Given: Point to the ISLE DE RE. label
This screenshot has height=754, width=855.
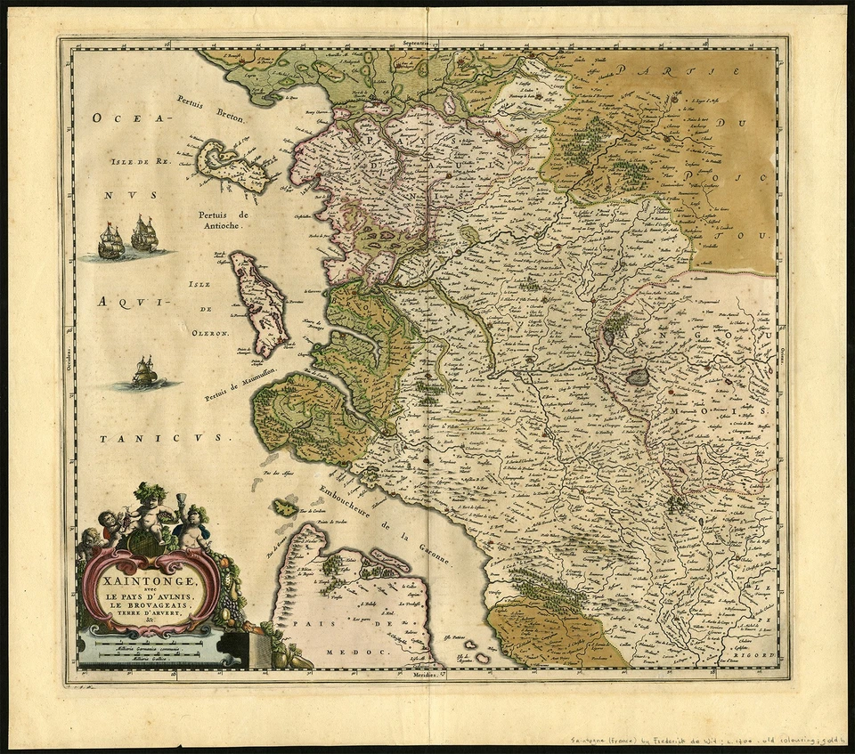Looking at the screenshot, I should tap(141, 162).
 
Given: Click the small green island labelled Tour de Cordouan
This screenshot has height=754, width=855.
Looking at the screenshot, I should tap(286, 507).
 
